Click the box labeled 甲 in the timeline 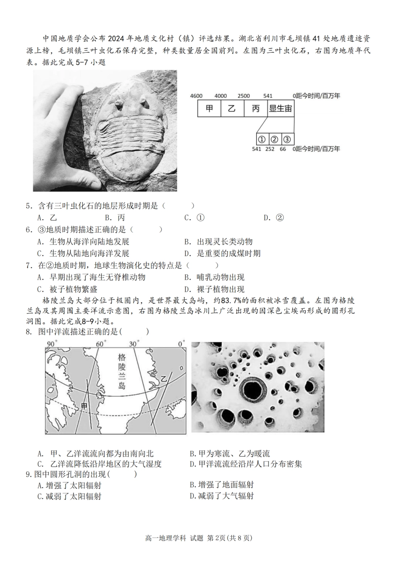click(209, 109)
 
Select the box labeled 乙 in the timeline click(232, 109)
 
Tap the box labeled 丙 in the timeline click(255, 109)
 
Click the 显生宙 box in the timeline click(280, 109)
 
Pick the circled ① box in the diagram click(261, 139)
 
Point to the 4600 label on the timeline click(196, 96)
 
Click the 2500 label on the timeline click(244, 96)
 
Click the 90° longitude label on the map click(51, 344)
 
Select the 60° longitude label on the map click(100, 344)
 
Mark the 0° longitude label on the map click(180, 344)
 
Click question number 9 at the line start click(29, 475)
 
